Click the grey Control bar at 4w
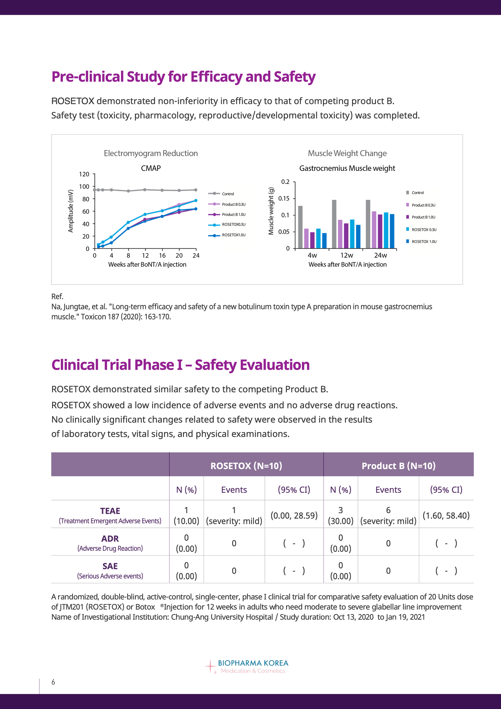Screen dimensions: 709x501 [x=300, y=227]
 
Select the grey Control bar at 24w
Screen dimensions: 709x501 [x=368, y=224]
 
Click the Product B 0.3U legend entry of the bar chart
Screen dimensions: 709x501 [x=421, y=205]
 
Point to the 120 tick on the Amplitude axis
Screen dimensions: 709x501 [x=84, y=174]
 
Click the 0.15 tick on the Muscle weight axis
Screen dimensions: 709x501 [x=284, y=198]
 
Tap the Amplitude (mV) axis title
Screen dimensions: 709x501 [x=71, y=211]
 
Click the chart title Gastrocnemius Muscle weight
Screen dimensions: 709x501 [x=347, y=168]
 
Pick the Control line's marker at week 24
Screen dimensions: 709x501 [x=196, y=190]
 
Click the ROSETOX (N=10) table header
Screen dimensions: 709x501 [x=246, y=466]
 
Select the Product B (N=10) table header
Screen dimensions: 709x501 [x=398, y=466]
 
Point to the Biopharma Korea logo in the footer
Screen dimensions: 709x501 [x=247, y=667]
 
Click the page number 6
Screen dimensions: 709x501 [x=53, y=682]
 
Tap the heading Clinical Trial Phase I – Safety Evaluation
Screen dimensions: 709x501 [x=180, y=365]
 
